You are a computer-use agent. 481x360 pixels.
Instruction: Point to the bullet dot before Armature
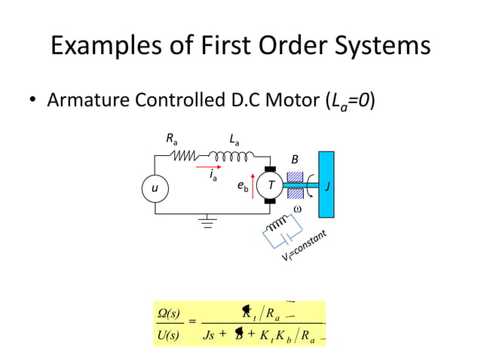(34, 100)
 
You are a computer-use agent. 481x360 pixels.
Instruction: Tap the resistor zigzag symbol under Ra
(185, 157)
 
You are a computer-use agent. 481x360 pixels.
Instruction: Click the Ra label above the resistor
(173, 139)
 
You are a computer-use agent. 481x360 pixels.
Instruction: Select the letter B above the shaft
(295, 160)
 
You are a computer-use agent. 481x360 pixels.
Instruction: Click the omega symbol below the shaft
(296, 209)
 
